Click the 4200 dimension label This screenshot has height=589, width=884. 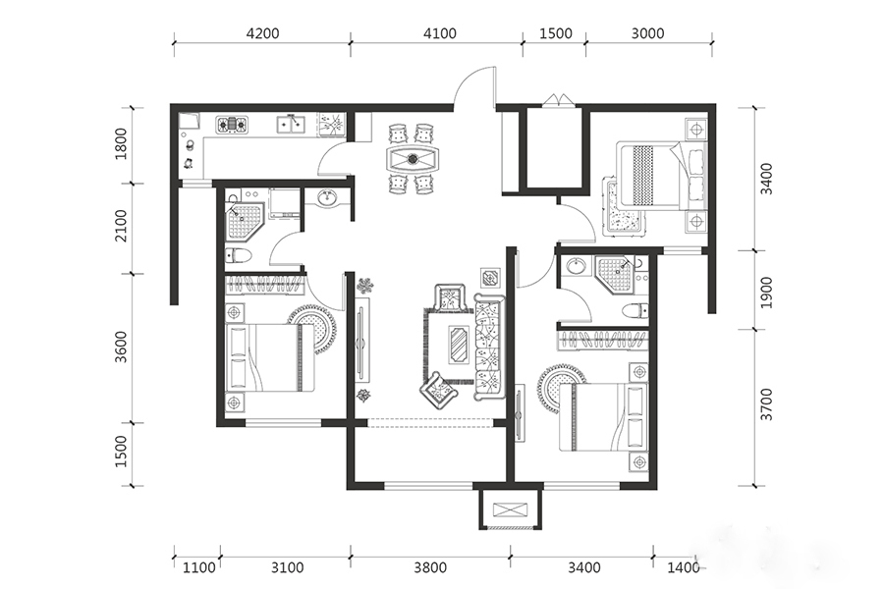pyautogui.click(x=262, y=33)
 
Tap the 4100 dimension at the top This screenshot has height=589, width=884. pyautogui.click(x=440, y=33)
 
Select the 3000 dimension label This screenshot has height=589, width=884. pyautogui.click(x=648, y=33)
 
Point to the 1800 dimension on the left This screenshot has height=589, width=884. pyautogui.click(x=121, y=144)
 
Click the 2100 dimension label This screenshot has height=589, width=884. pyautogui.click(x=121, y=226)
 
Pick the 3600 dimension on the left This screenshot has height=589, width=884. pyautogui.click(x=121, y=347)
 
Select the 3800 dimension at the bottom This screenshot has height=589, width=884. pyautogui.click(x=430, y=567)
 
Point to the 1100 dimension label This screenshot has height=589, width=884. pyautogui.click(x=199, y=567)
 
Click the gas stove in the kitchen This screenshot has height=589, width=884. pyautogui.click(x=232, y=125)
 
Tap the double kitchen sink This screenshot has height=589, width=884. pyautogui.click(x=291, y=124)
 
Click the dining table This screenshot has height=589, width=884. pyautogui.click(x=413, y=158)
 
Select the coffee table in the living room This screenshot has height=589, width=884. pyautogui.click(x=458, y=345)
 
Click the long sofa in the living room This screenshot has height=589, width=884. pyautogui.click(x=489, y=347)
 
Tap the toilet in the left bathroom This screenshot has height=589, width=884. pyautogui.click(x=239, y=255)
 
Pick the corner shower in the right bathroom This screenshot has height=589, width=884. pyautogui.click(x=615, y=273)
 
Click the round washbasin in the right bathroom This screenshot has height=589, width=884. pyautogui.click(x=577, y=265)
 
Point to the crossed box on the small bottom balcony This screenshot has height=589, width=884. pyautogui.click(x=511, y=510)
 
